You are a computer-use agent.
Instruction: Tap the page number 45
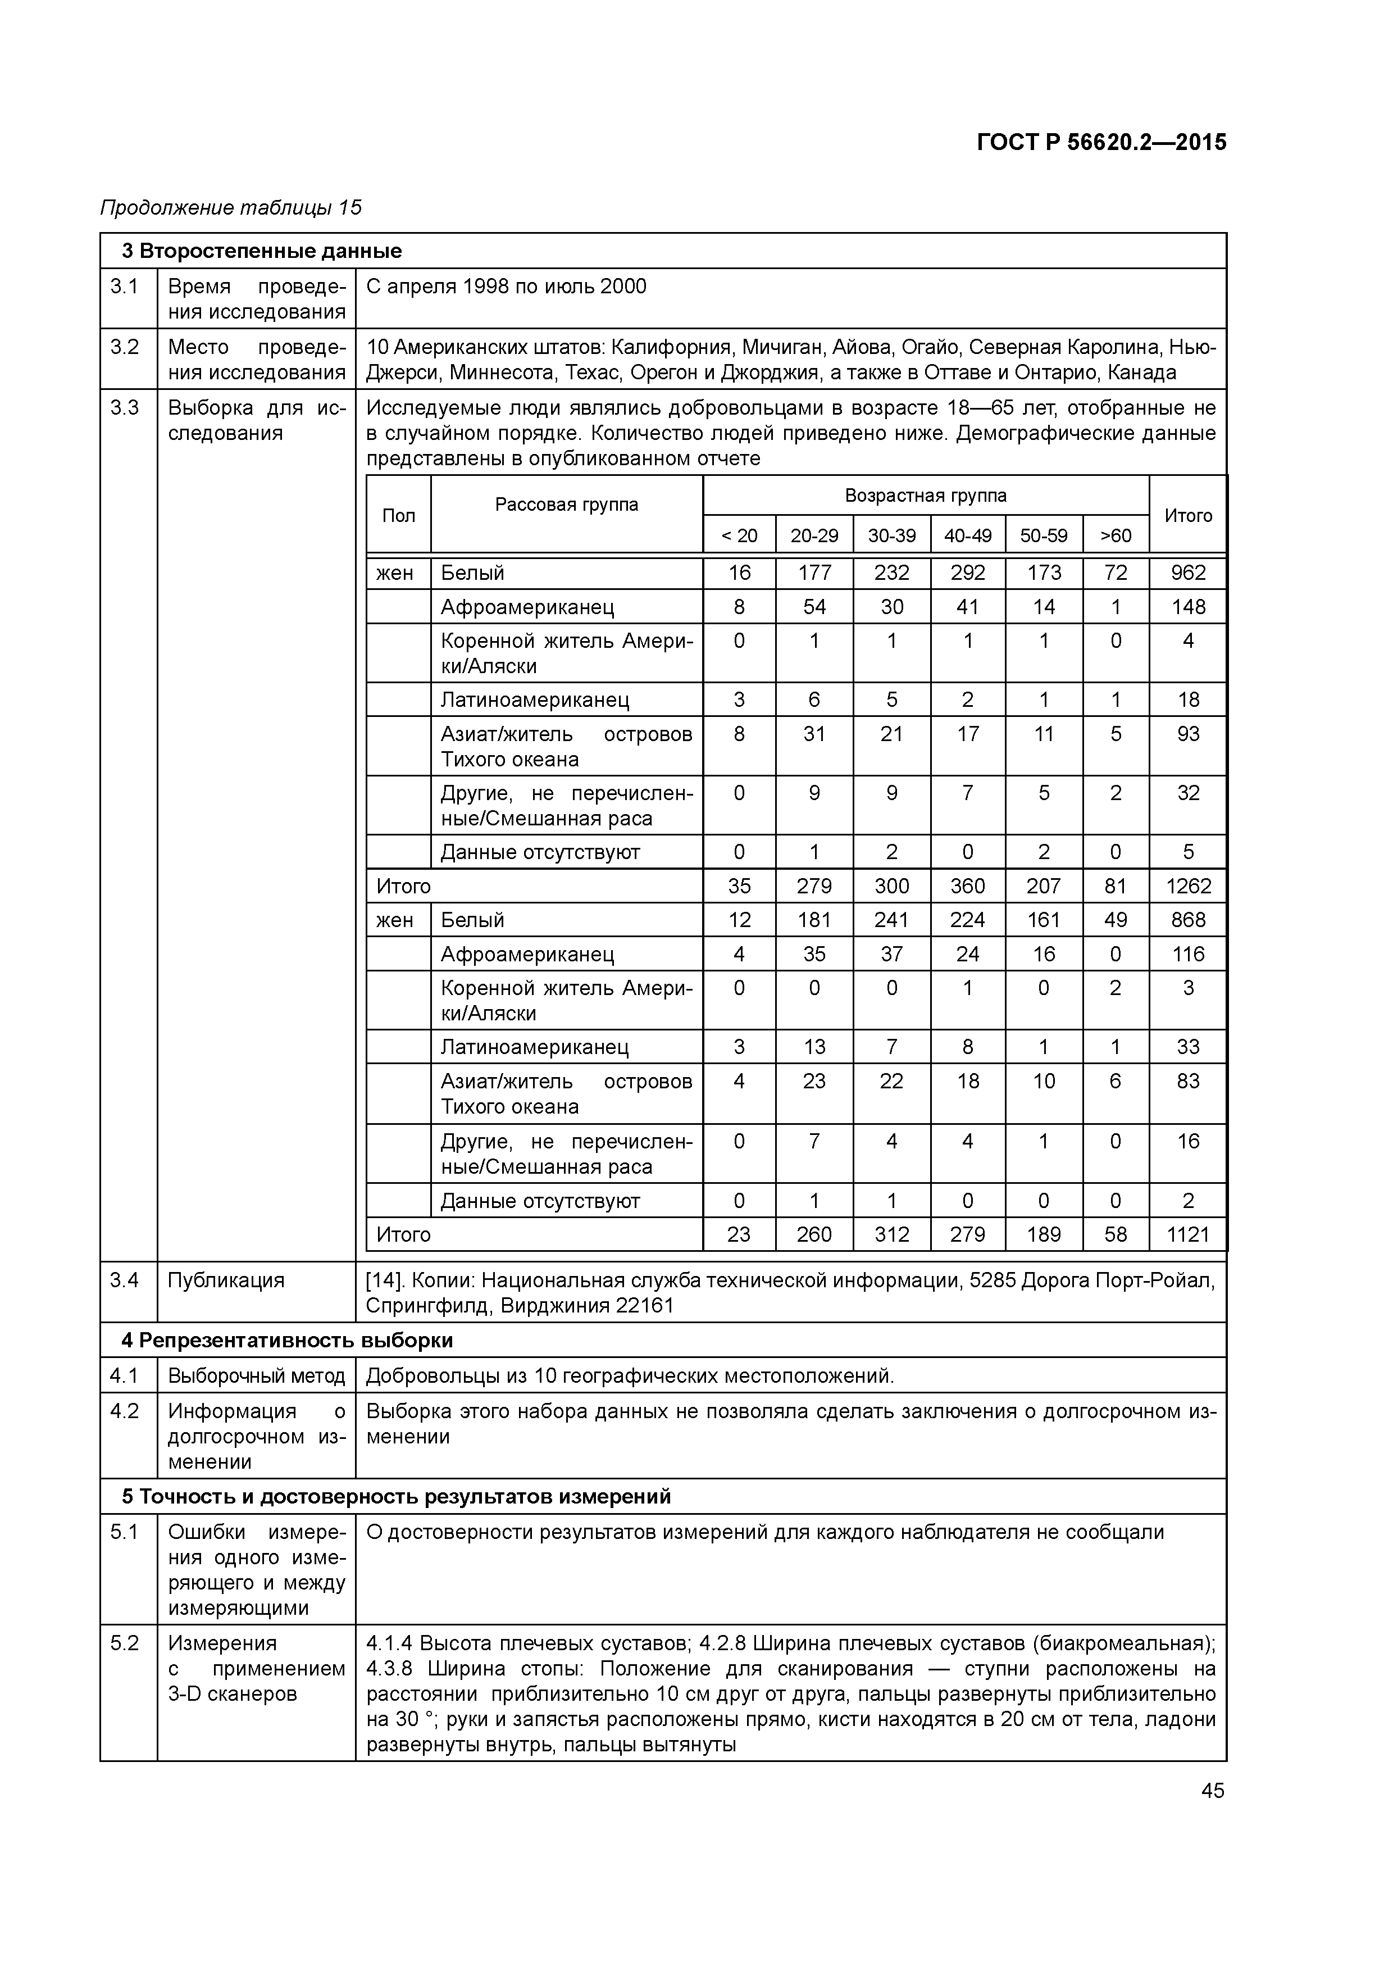coord(1212,1791)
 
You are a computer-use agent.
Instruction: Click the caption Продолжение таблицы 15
coord(231,208)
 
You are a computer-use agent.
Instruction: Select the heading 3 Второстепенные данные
coord(262,252)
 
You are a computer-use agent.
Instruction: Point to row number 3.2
coord(125,347)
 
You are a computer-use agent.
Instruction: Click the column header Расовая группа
coord(567,505)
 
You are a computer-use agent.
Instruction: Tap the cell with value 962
coord(1188,573)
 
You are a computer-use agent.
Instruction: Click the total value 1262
coord(1188,886)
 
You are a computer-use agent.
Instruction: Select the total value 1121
coord(1188,1234)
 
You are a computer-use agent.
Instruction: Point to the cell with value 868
coord(1188,920)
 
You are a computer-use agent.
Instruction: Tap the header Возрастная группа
coord(925,496)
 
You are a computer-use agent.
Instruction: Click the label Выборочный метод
coord(256,1376)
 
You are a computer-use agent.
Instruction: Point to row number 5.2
coord(125,1643)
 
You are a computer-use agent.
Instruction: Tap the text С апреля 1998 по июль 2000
coord(507,287)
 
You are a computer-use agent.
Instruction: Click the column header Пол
coord(398,515)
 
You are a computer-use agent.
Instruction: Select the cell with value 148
coord(1188,607)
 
